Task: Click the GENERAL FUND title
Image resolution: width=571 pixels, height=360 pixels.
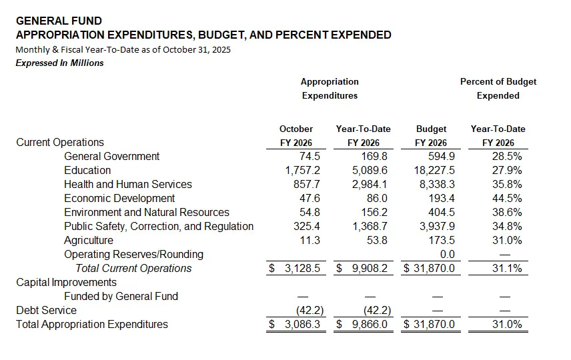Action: pos(59,21)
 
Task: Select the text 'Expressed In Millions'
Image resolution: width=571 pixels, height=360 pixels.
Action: pos(59,63)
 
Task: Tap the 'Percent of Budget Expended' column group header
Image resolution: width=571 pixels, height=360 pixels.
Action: pos(498,89)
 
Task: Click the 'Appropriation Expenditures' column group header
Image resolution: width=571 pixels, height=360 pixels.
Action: pos(330,89)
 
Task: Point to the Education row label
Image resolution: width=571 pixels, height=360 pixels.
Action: pos(87,170)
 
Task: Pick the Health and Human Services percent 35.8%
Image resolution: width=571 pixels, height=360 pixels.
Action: pos(505,184)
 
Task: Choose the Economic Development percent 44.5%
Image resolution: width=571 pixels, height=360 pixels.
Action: pos(505,198)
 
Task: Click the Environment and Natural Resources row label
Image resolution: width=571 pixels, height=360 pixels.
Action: pos(146,212)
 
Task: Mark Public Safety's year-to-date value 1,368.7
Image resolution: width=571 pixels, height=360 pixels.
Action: pos(370,226)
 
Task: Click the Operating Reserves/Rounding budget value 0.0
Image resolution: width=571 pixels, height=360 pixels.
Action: pos(447,254)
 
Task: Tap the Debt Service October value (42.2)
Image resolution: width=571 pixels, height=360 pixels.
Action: pos(306,310)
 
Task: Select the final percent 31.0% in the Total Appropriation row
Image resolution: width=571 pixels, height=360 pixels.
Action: pos(505,325)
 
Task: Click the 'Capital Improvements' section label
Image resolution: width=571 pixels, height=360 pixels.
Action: pos(66,282)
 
